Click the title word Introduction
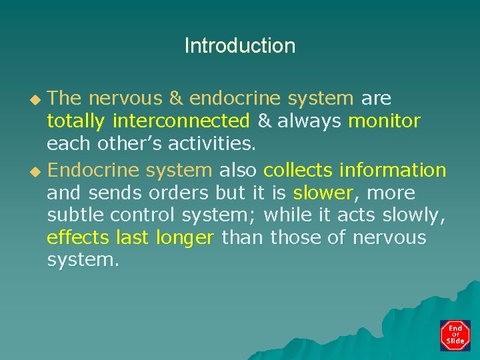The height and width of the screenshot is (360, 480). [x=239, y=46]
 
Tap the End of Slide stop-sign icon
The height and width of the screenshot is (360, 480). [x=455, y=335]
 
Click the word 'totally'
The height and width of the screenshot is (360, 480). [x=76, y=122]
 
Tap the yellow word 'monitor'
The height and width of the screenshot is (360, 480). [x=385, y=122]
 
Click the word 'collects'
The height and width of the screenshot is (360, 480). [x=298, y=171]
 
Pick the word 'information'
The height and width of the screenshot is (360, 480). [x=393, y=171]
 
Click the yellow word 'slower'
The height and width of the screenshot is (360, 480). [x=323, y=193]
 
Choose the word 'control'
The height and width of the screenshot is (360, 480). [x=141, y=216]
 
